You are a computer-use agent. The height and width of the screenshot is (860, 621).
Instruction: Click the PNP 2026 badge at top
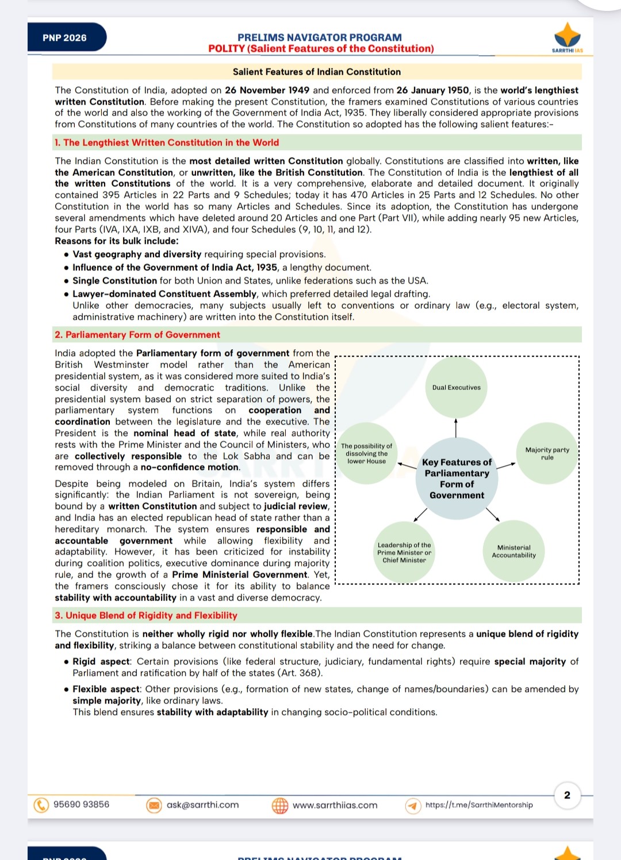(66, 38)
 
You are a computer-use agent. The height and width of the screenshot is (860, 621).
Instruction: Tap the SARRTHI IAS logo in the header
(567, 37)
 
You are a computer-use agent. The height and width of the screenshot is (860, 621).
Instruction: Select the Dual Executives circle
(457, 387)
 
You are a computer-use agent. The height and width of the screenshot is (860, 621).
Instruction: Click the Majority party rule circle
(547, 453)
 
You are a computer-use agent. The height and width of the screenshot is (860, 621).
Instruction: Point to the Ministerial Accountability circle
(513, 552)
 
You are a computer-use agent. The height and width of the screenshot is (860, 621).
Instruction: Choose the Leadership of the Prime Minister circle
(404, 552)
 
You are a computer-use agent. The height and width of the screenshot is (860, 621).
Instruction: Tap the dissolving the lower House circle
(367, 453)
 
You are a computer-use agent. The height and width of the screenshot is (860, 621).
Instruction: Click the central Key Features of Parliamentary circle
(457, 478)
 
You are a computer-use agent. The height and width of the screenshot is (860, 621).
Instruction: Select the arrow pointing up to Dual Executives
(456, 428)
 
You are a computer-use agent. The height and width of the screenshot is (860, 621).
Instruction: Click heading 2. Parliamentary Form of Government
(137, 335)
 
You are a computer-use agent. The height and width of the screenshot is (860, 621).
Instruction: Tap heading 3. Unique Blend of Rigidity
(146, 616)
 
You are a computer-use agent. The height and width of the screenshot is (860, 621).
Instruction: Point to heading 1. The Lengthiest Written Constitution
(167, 143)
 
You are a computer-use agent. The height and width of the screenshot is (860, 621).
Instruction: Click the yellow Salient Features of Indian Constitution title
(317, 72)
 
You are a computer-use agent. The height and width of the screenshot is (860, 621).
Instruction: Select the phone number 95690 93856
(81, 804)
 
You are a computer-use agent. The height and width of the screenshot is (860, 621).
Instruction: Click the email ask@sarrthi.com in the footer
(202, 805)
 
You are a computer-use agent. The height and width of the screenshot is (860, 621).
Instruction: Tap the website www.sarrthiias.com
(335, 805)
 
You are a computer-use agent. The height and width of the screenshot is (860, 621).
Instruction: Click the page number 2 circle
(567, 795)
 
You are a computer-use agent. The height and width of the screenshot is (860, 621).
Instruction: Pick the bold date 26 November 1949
(267, 90)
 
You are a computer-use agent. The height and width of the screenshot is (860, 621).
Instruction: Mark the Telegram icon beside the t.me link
(412, 805)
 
